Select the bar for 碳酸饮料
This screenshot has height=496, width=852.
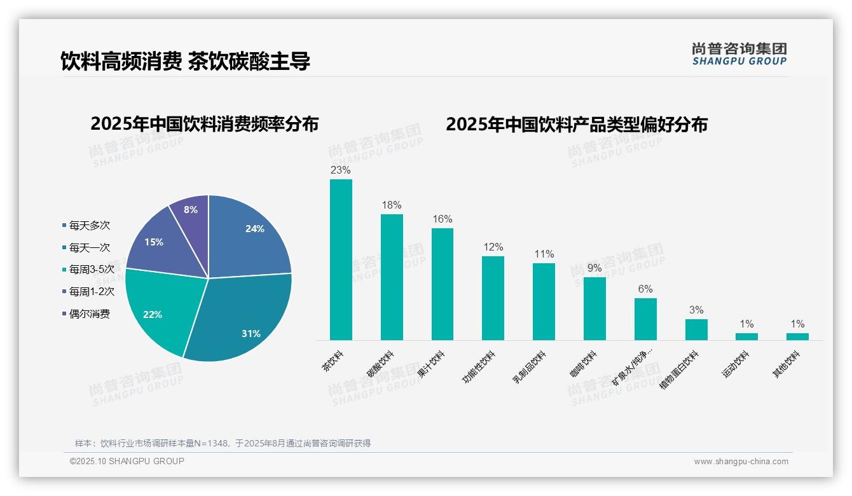tap(392, 277)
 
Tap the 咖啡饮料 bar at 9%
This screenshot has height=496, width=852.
tap(594, 308)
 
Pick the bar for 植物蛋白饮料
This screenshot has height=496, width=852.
tap(696, 329)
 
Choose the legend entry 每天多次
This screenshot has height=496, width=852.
tap(89, 225)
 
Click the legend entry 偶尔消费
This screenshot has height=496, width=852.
tap(89, 313)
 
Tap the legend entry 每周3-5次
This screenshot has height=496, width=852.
tap(91, 269)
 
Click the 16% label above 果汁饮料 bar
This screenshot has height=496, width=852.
tap(442, 219)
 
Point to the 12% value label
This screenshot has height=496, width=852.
tap(493, 247)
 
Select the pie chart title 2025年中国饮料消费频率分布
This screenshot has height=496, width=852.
tap(204, 124)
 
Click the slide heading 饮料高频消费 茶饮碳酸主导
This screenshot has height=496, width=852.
tap(185, 61)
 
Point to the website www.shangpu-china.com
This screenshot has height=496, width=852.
tap(741, 462)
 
